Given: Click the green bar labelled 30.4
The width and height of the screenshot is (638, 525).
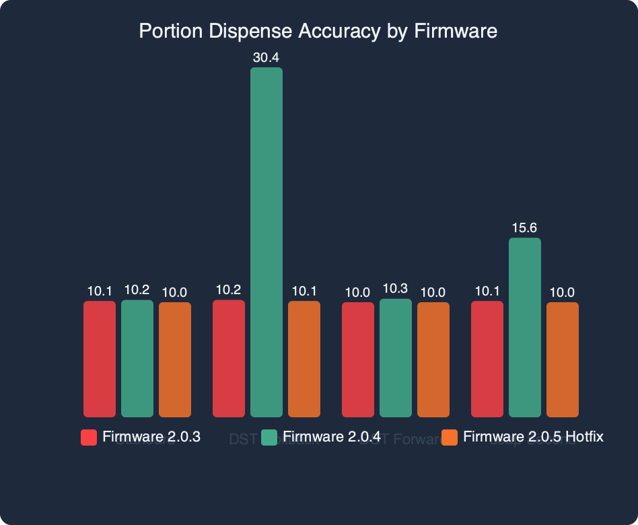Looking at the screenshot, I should tap(267, 242).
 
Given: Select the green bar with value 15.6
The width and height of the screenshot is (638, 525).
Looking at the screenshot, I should tap(525, 327).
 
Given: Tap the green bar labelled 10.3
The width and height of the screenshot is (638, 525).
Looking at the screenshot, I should tap(396, 358).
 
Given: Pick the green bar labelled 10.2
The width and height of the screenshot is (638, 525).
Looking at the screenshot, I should tap(137, 358).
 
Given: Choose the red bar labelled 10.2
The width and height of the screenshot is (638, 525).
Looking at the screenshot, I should tap(229, 358).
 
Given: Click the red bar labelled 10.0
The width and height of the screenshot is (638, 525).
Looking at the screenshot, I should tap(358, 359).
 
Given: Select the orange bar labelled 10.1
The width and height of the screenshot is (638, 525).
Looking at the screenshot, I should tap(304, 359).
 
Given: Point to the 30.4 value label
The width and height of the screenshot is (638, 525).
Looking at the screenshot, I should tap(267, 58).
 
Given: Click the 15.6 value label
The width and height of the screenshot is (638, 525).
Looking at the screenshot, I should tap(525, 228).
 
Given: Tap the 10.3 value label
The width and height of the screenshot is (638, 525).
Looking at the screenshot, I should tap(396, 289).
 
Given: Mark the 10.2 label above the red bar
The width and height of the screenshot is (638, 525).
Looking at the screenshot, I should tap(229, 289).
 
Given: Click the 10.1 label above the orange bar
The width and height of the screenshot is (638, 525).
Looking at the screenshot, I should tap(304, 291).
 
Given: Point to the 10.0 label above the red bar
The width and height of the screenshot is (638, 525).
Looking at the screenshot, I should tap(358, 293).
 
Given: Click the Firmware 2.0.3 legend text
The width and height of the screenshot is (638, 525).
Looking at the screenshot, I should tap(151, 437).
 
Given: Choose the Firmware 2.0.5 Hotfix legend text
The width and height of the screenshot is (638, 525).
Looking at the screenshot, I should tap(533, 437).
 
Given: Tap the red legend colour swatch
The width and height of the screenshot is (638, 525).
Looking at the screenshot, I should tap(89, 438).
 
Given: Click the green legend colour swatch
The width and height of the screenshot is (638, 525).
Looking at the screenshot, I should tap(269, 438).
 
